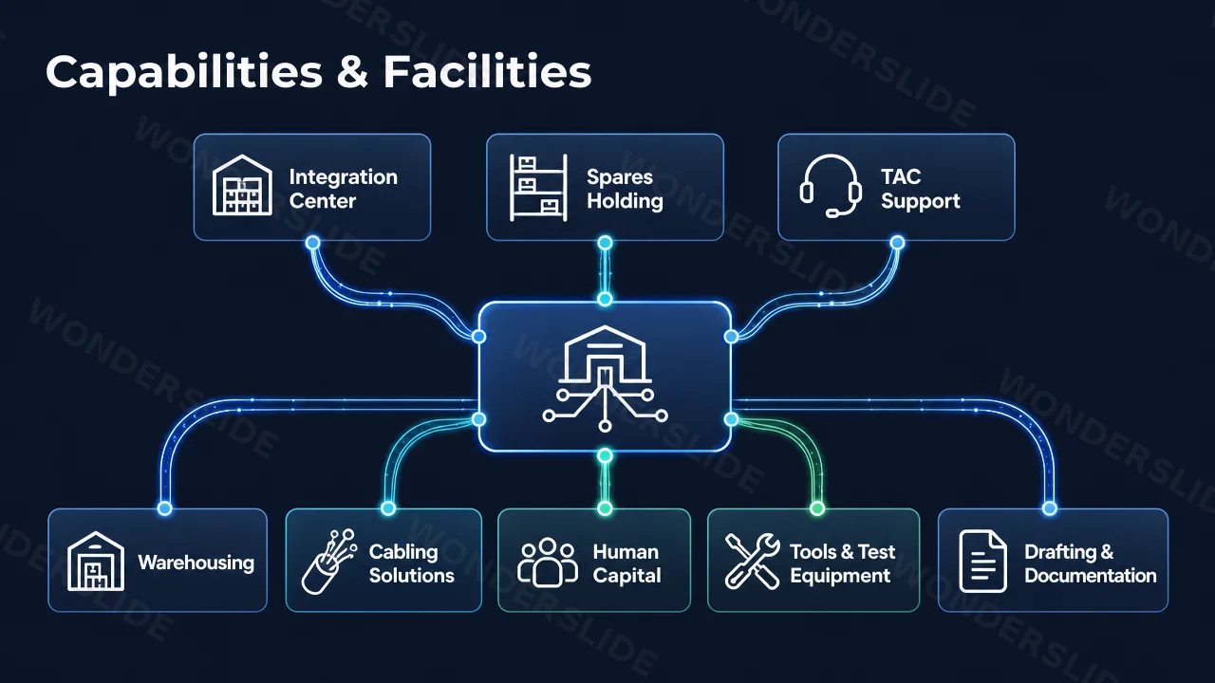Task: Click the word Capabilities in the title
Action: (x=184, y=73)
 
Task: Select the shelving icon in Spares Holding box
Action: (x=538, y=188)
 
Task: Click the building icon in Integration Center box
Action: (x=242, y=185)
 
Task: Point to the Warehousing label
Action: (x=196, y=563)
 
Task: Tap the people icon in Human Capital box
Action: (x=548, y=563)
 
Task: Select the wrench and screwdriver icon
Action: (x=753, y=561)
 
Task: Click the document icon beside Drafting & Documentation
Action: (x=982, y=561)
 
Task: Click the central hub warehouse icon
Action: (x=605, y=378)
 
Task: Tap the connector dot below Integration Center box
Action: (x=312, y=242)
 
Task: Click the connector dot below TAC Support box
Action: (x=898, y=242)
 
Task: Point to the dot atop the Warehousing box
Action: (x=165, y=508)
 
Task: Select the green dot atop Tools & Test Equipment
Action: (x=817, y=508)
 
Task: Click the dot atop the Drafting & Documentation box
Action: (x=1050, y=508)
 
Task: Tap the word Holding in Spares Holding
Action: (x=625, y=202)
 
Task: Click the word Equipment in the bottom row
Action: (x=840, y=576)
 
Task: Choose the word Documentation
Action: (x=1091, y=575)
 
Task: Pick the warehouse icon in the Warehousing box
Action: (x=96, y=561)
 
